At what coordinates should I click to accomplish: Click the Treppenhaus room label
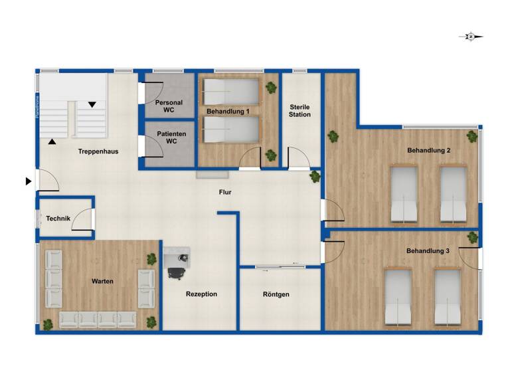coord(98,151)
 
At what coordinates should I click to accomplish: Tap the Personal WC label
coord(169,106)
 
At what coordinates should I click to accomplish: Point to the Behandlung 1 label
coord(227,112)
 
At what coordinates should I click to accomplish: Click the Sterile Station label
coord(300,110)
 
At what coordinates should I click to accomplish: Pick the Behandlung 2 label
coord(428,151)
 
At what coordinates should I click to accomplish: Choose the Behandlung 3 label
coord(428,250)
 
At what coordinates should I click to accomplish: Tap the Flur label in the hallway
coord(225,193)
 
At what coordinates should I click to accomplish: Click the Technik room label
coord(58,219)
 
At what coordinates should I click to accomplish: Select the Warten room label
coord(102,281)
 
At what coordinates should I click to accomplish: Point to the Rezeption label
coord(201,294)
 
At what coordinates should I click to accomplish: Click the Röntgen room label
coord(276,294)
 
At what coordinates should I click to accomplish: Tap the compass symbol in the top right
coord(470,37)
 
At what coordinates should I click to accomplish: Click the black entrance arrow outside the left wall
coord(28,181)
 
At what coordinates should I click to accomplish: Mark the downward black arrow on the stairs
coord(92,104)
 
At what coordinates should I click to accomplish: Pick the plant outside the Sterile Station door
coord(315,177)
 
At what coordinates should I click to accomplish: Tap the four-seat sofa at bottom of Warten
coord(98,320)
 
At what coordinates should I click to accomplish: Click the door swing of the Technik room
coord(83,219)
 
